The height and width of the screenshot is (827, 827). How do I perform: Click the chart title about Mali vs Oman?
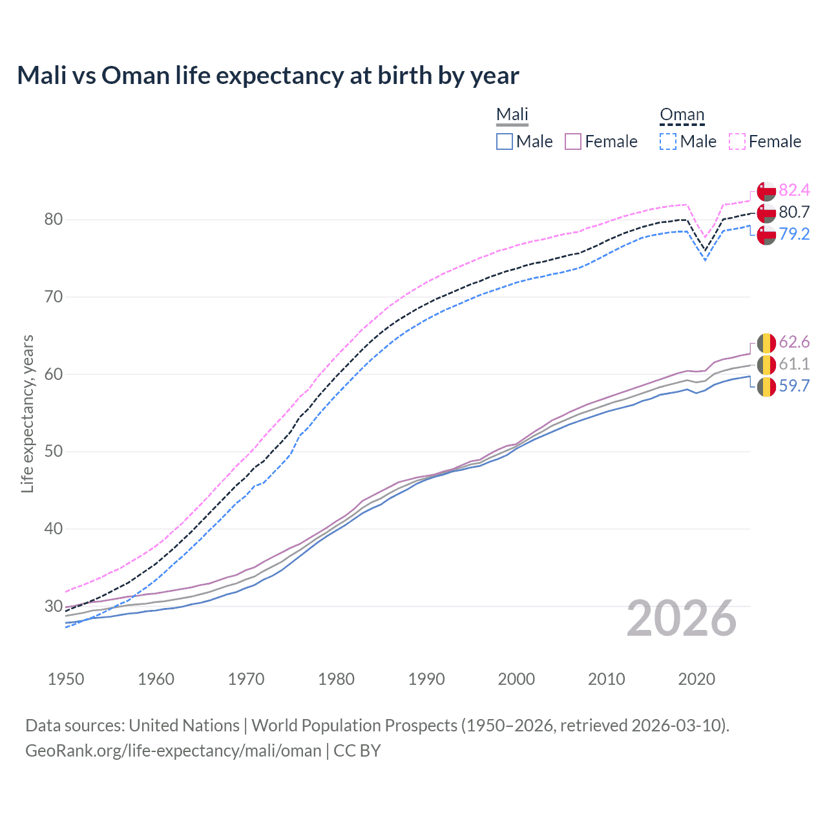click(x=267, y=76)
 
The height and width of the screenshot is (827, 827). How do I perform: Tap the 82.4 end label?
click(x=794, y=190)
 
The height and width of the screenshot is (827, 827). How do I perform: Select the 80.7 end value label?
click(x=794, y=212)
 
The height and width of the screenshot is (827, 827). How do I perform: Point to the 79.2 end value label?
click(x=794, y=234)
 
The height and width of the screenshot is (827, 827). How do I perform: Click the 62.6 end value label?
click(x=794, y=342)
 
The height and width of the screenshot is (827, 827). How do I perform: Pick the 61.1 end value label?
click(x=794, y=364)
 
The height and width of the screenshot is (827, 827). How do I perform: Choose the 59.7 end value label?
click(x=794, y=386)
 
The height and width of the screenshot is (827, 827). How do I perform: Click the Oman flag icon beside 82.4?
click(x=766, y=191)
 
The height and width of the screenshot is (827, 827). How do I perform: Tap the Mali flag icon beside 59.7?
click(x=766, y=387)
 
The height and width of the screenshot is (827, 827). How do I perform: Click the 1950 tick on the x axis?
click(x=66, y=679)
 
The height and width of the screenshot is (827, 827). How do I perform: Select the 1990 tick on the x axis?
click(x=426, y=679)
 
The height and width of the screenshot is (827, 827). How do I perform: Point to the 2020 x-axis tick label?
click(x=696, y=679)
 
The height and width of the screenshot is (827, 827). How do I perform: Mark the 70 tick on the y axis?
click(x=54, y=297)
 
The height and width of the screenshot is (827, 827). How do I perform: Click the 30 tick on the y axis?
click(x=54, y=606)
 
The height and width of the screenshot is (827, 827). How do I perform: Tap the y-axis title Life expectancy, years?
click(x=27, y=413)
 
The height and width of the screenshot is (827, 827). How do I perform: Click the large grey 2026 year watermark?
click(x=682, y=618)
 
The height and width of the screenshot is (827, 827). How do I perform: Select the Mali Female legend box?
click(x=573, y=141)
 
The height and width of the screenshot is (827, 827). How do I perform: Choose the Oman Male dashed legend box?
click(x=668, y=141)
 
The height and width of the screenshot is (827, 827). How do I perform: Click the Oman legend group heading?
click(x=682, y=114)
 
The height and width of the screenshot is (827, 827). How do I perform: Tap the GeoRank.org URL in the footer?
click(x=173, y=751)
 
